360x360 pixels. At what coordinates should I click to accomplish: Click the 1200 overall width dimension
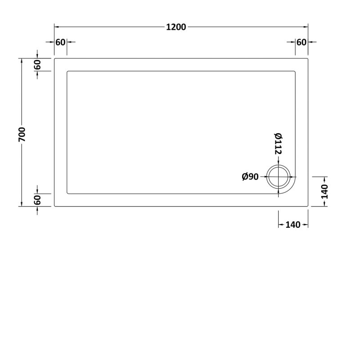coord(175,27)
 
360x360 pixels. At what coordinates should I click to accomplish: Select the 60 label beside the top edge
coord(38,65)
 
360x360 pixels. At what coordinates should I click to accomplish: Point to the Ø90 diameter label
coord(250,177)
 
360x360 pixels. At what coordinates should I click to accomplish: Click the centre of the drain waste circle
coord(279,176)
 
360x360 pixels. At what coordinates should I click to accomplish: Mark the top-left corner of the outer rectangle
coord(54,58)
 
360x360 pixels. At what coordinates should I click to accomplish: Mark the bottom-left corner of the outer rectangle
coord(54,206)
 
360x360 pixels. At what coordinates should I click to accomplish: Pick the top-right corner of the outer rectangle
coord(308,58)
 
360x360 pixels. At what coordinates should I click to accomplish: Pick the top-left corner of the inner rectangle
coord(67,71)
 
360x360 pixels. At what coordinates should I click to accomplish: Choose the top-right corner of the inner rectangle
coord(296,71)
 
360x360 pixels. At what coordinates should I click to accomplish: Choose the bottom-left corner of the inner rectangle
coord(67,193)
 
